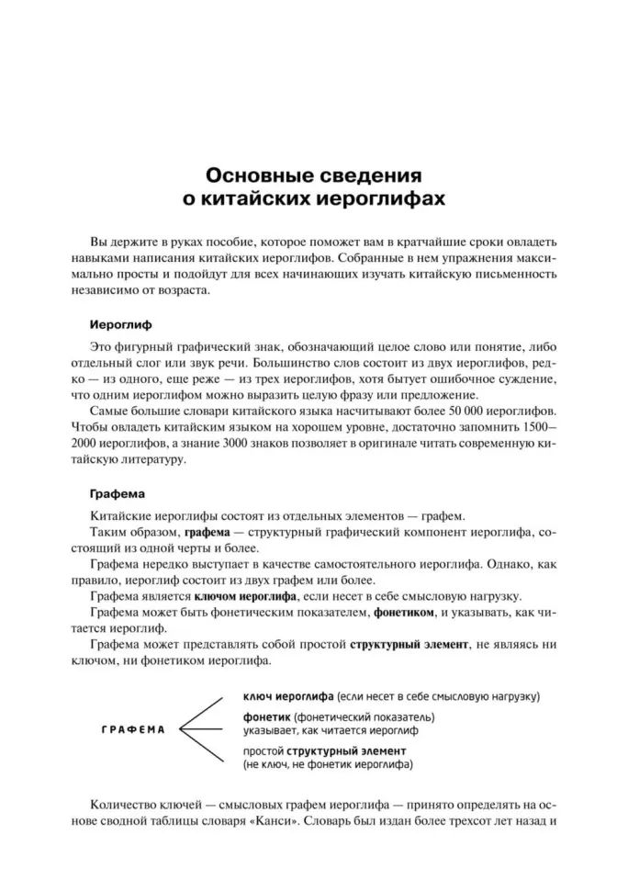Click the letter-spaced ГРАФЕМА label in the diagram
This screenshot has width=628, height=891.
[x=134, y=729]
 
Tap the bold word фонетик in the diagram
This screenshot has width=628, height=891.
[x=269, y=716]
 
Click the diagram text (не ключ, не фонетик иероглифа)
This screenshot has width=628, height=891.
[x=328, y=763]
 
